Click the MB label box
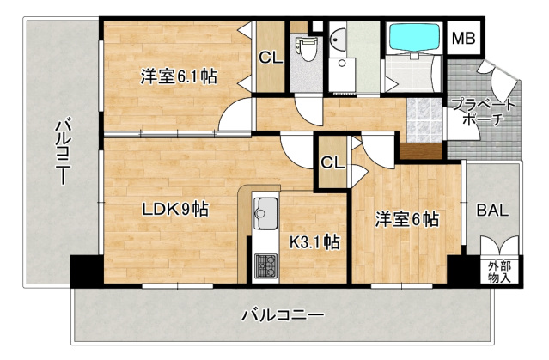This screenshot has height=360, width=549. (x=464, y=40)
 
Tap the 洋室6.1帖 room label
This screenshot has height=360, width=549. (x=179, y=76)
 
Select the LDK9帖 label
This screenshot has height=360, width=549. (x=176, y=208)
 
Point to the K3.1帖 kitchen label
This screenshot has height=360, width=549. (x=314, y=242)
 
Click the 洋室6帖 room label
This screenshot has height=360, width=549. (x=406, y=219)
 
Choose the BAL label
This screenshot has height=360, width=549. (x=493, y=210)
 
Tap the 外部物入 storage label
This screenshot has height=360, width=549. (x=499, y=272)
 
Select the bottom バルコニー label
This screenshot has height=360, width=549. (x=283, y=315)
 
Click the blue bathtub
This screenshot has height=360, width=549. (x=416, y=39)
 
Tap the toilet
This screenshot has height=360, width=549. (x=303, y=47)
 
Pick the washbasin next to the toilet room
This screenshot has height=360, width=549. (x=338, y=38)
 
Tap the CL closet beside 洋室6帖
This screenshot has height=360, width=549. (x=331, y=162)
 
